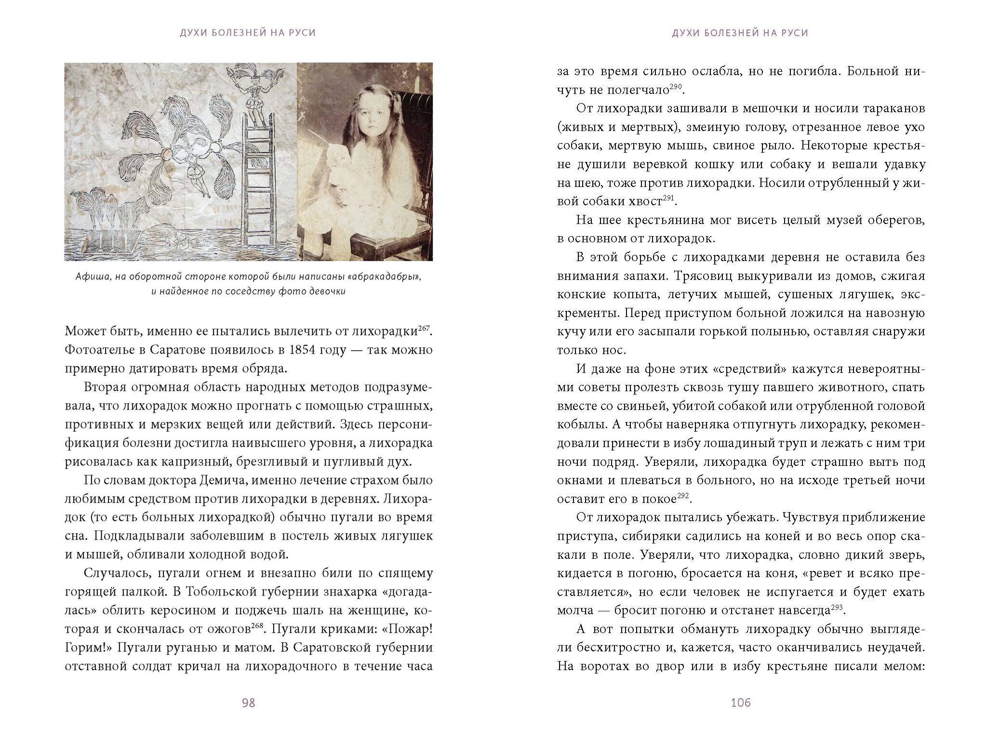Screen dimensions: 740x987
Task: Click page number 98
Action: pyautogui.click(x=248, y=703)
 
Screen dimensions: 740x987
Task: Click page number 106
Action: pyautogui.click(x=741, y=703)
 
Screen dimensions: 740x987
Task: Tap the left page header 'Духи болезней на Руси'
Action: pyautogui.click(x=248, y=33)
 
